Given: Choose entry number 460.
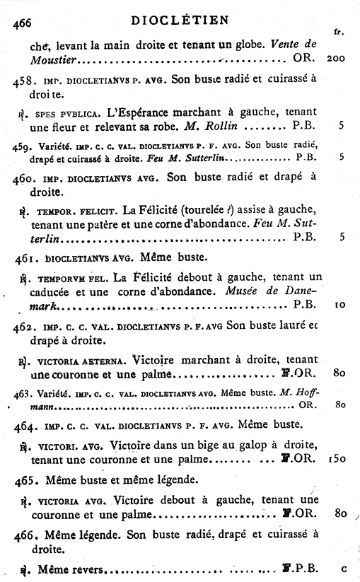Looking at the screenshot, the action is click(26, 177).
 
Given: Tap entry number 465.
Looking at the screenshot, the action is click(26, 480).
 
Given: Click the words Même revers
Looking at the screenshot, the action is click(70, 567).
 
